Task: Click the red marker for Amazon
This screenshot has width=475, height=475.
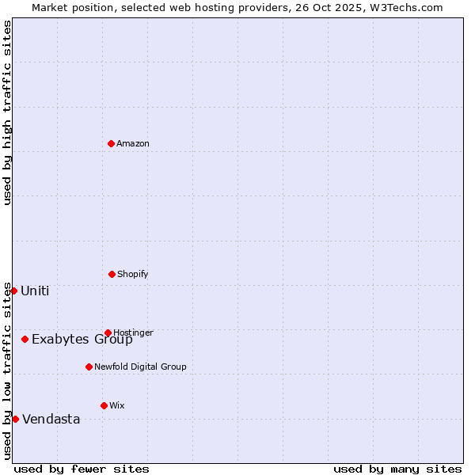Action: coord(111,143)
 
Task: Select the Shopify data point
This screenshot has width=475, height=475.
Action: coord(112,274)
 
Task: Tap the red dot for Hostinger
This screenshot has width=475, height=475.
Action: coord(108,332)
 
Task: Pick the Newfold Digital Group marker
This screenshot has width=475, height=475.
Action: coord(89,367)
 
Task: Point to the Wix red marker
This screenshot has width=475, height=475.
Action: coord(104,405)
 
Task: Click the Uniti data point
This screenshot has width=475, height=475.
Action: coord(13,291)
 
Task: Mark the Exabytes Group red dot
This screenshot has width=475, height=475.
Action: coord(25,339)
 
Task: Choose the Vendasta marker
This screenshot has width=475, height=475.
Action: coord(15,419)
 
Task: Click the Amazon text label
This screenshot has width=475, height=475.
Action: coord(132,143)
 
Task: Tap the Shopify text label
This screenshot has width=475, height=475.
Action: coord(132,274)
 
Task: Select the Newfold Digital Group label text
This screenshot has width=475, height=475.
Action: coord(140,367)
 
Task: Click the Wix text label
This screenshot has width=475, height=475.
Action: coord(116,405)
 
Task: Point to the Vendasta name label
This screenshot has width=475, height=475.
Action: coord(51,420)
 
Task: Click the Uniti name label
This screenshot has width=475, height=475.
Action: coord(35,291)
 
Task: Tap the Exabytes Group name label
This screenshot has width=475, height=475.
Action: coord(82,340)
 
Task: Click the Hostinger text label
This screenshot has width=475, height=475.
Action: coord(133,332)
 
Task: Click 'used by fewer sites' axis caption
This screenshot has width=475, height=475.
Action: coord(82,469)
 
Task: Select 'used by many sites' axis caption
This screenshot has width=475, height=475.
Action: coord(397,469)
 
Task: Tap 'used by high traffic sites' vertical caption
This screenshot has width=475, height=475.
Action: coord(7,112)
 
